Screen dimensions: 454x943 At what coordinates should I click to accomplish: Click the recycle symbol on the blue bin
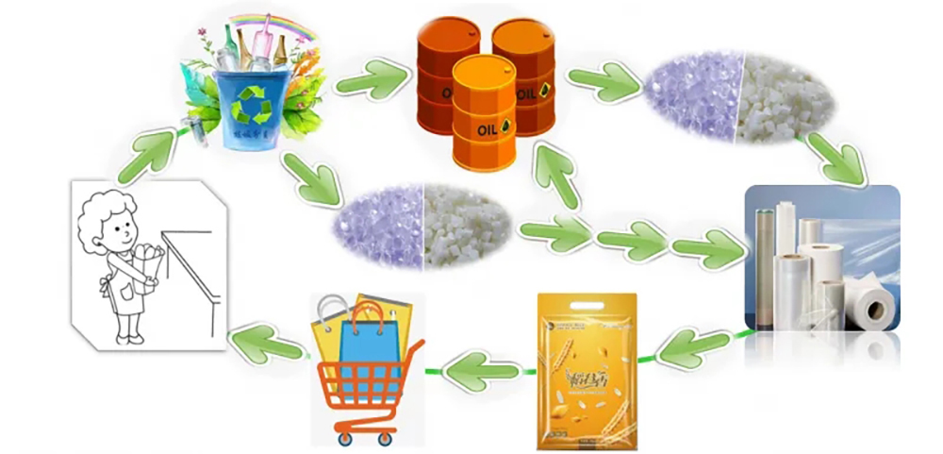click(x=251, y=107)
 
